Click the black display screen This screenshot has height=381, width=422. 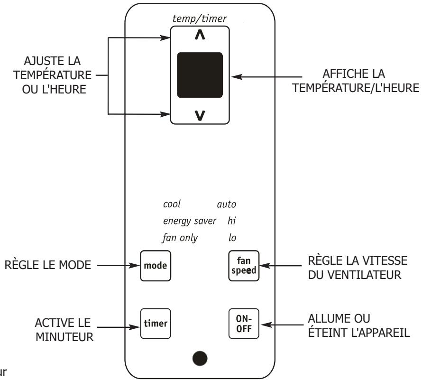tap(200, 74)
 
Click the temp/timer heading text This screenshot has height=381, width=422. tap(200, 19)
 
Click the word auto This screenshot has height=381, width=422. tap(226, 204)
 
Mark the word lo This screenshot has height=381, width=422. tap(232, 237)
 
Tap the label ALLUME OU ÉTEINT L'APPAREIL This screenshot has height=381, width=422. tap(358, 324)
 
